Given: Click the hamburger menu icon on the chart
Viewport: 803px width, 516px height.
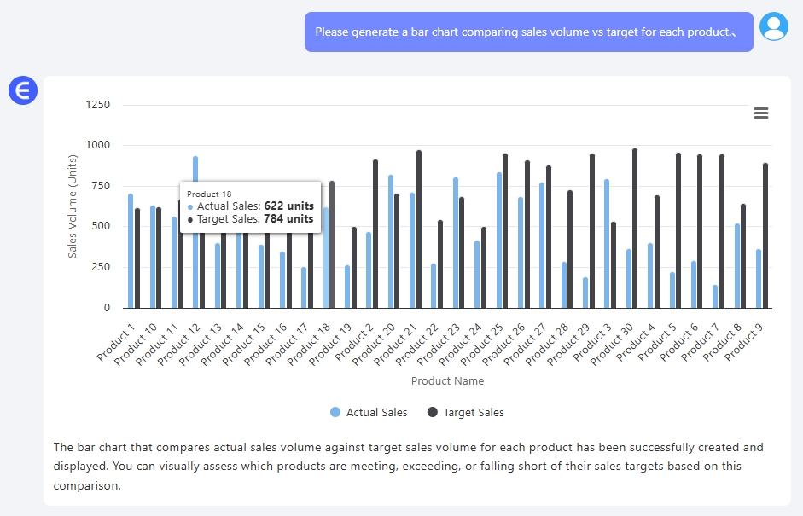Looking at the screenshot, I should (x=761, y=113).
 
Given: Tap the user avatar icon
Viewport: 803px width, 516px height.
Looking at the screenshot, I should (x=774, y=27).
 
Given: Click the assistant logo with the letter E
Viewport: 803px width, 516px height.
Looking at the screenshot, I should (x=23, y=90).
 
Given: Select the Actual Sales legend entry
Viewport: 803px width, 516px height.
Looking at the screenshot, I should (x=369, y=413).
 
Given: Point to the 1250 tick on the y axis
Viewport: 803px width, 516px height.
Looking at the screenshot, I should (x=98, y=105).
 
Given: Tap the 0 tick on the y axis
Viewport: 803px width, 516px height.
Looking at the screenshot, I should (x=107, y=308).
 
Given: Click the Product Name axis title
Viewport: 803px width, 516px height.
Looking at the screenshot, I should (x=447, y=381).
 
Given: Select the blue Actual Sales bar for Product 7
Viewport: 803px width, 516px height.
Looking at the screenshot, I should (x=714, y=297).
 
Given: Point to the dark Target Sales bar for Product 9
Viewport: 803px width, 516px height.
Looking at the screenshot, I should (x=765, y=235).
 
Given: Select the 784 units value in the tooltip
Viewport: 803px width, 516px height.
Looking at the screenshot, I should (x=288, y=219).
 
